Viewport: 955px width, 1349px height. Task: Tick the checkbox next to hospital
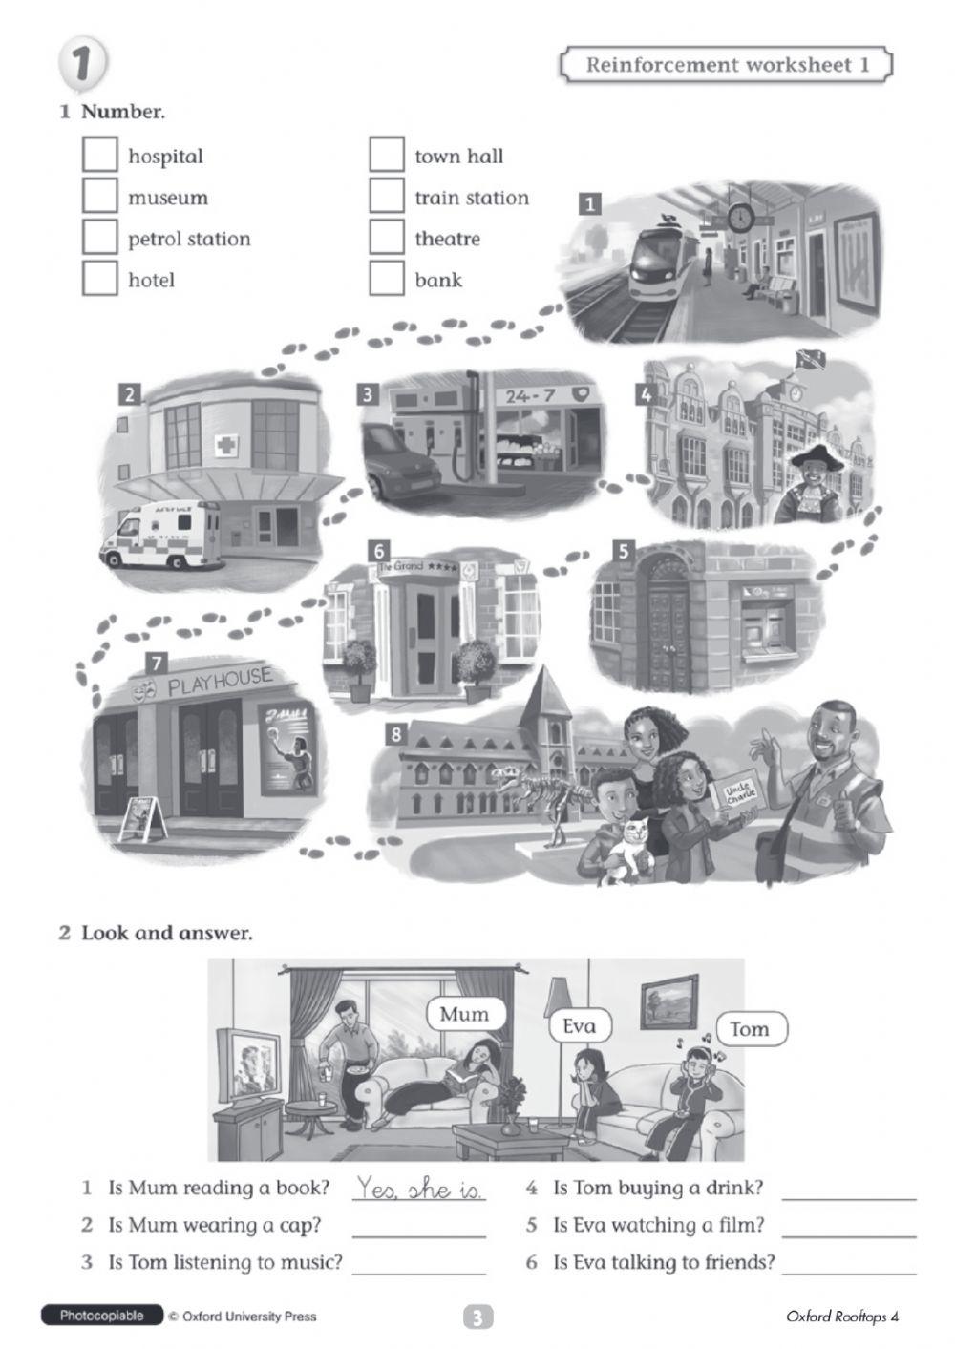click(x=99, y=155)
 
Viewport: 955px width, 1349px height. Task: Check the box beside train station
click(x=386, y=197)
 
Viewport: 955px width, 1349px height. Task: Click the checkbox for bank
click(x=386, y=279)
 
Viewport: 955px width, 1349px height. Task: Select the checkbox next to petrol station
click(x=99, y=237)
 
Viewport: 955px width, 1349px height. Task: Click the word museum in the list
click(x=167, y=198)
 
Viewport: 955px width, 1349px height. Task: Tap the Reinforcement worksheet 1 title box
click(x=726, y=65)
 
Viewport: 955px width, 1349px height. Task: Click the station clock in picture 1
click(x=740, y=218)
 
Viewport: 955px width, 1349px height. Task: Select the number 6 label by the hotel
click(x=379, y=551)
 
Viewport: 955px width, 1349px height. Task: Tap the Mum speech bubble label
click(x=464, y=1015)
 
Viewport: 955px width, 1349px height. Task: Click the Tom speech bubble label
click(x=750, y=1029)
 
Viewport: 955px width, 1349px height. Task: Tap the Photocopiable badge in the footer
click(x=102, y=1317)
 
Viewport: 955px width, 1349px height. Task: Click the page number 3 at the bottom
click(x=477, y=1318)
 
